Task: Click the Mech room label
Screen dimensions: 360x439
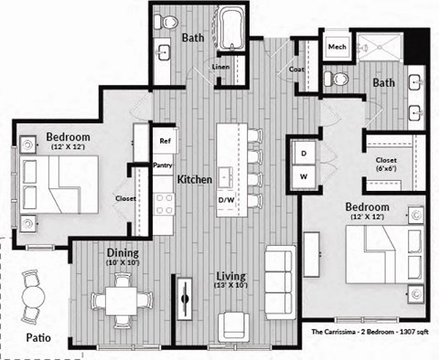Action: [337, 45]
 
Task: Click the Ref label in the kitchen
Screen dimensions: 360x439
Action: [166, 142]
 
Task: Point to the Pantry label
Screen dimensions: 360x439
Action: [164, 166]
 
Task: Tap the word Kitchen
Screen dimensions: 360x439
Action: [195, 179]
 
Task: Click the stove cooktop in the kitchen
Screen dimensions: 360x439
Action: [166, 207]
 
